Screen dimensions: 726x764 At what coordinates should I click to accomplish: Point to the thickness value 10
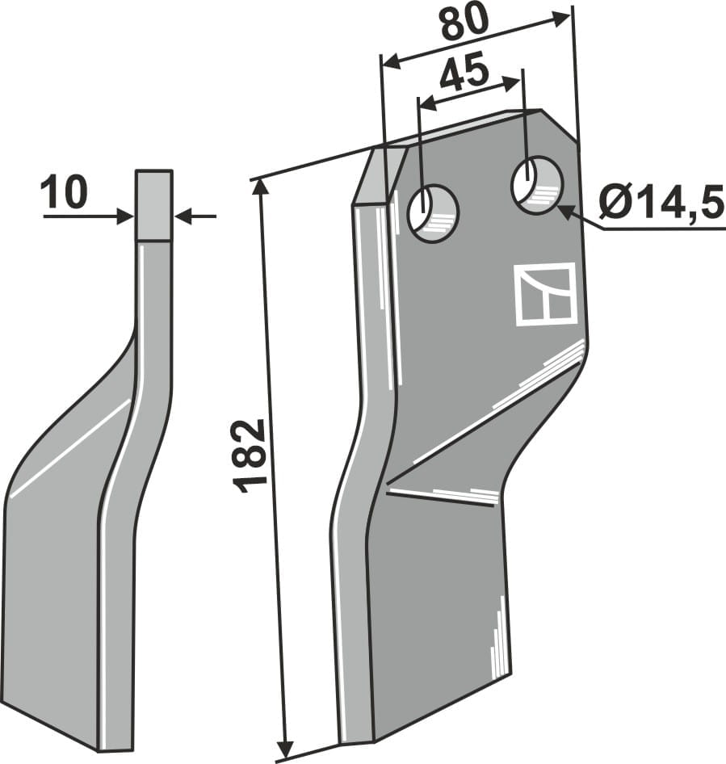click(64, 193)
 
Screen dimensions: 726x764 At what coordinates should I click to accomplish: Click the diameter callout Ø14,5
click(661, 204)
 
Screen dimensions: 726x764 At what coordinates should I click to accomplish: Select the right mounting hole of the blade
click(537, 183)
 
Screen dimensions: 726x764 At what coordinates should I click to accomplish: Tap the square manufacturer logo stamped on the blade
click(544, 294)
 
